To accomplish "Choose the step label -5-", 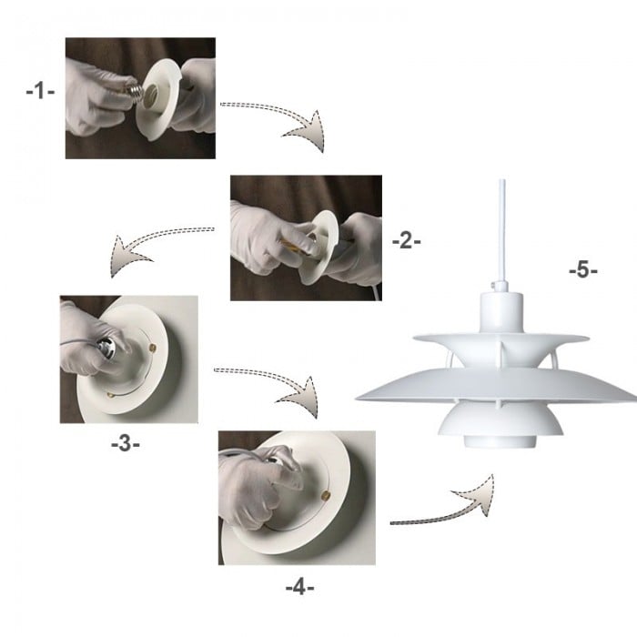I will coord(583,270).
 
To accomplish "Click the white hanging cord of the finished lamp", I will coord(500,227).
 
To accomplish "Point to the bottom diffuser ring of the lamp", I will coord(498,441).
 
